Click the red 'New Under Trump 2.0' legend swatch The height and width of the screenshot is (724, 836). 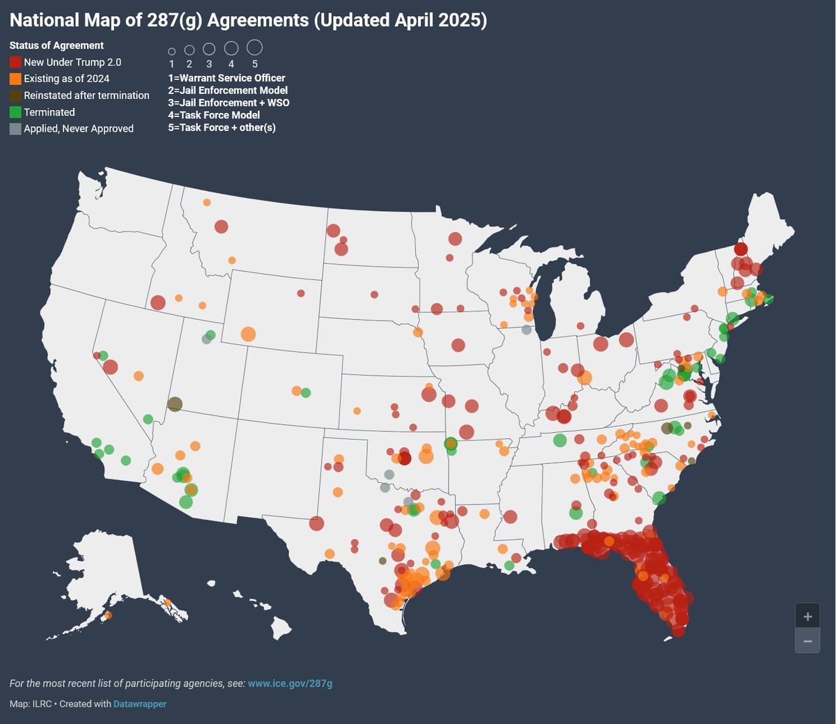click(15, 62)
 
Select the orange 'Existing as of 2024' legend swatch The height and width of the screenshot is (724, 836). click(15, 79)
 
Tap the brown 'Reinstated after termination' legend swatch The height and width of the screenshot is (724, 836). click(15, 95)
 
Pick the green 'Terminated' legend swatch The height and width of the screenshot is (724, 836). click(15, 112)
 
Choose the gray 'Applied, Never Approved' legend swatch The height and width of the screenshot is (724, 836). click(15, 129)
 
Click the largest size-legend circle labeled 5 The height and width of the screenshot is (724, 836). click(254, 47)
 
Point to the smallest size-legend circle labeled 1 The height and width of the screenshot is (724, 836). click(171, 52)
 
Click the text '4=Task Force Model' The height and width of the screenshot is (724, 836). click(213, 115)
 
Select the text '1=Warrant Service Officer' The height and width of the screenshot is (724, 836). click(226, 78)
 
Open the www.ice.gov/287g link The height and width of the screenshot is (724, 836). click(290, 684)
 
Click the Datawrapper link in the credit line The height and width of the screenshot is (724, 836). click(140, 704)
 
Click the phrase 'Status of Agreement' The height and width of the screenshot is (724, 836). click(56, 45)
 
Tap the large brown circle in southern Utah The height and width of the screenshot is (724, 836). click(175, 404)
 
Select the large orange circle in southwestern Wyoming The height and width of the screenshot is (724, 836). click(248, 334)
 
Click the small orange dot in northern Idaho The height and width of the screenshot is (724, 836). click(207, 203)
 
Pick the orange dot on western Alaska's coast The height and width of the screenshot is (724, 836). click(107, 615)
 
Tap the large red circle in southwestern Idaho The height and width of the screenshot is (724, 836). click(158, 302)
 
